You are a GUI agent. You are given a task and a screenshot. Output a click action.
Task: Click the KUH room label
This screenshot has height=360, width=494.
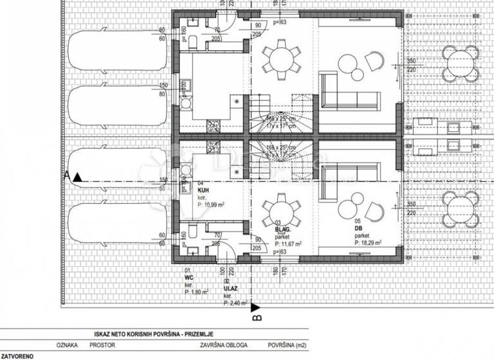(x=203, y=190)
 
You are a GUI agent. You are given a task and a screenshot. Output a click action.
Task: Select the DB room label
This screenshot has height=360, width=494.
(x=358, y=228)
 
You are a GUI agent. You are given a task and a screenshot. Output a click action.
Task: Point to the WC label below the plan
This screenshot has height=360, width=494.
(x=188, y=278)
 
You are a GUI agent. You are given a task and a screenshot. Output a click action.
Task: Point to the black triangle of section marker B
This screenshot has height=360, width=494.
(x=255, y=307)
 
